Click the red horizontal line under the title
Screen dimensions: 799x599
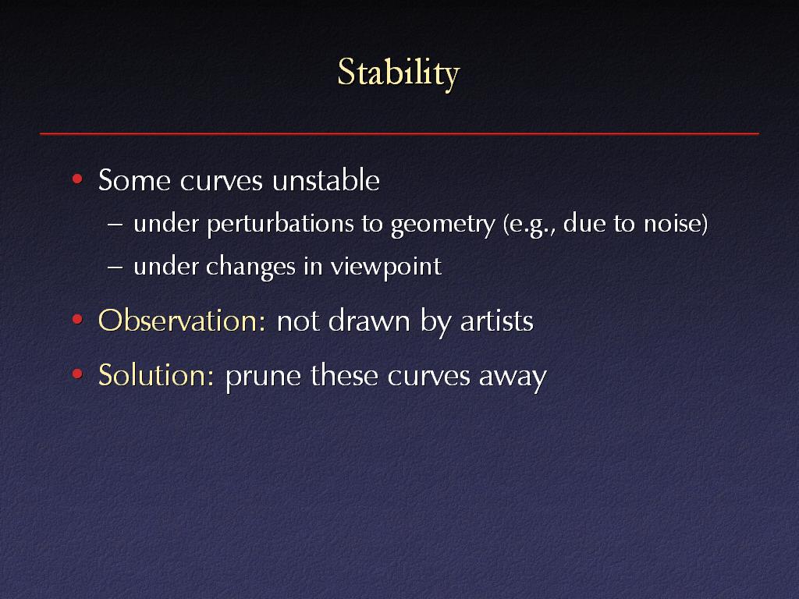(399, 133)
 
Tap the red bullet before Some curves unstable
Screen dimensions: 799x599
(77, 179)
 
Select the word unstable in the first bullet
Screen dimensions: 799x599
(326, 180)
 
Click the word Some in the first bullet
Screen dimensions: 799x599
(134, 180)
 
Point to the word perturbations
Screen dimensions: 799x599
(280, 224)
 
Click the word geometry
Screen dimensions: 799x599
(443, 225)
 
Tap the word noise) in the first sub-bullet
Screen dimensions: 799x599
(676, 224)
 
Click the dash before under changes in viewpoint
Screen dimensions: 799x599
(115, 267)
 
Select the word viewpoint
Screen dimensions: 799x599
(385, 268)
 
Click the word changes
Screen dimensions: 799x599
(250, 268)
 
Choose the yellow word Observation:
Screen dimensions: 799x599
(182, 321)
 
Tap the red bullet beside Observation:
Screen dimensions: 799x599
(77, 319)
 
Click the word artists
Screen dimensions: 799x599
(497, 321)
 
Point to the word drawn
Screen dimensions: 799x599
(369, 321)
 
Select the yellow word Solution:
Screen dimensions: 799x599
(156, 375)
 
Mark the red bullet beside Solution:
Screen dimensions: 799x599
(77, 374)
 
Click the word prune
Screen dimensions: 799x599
(263, 377)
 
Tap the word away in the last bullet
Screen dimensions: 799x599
(513, 377)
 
